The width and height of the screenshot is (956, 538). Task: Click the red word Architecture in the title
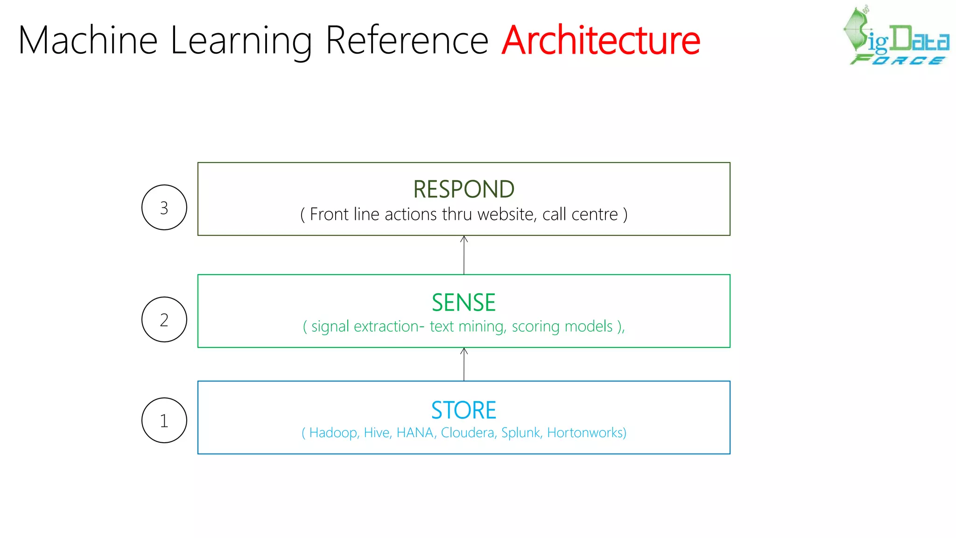click(601, 41)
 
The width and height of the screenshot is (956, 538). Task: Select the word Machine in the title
click(88, 41)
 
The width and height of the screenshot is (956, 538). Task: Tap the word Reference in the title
click(407, 41)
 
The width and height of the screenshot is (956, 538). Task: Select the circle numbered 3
click(164, 207)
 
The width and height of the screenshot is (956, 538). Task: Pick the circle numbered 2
click(164, 319)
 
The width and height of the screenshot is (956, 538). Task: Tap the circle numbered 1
click(164, 420)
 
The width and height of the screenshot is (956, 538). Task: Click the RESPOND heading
click(464, 189)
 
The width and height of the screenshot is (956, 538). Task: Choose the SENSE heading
click(464, 302)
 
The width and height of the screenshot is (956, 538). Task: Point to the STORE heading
click(464, 410)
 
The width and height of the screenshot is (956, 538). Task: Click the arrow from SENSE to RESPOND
click(464, 255)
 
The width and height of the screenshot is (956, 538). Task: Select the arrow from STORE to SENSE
click(464, 364)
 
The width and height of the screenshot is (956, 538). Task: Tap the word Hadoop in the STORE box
click(333, 433)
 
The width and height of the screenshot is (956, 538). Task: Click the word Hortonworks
click(585, 433)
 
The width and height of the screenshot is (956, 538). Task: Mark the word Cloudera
click(468, 433)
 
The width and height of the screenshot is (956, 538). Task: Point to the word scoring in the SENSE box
click(536, 326)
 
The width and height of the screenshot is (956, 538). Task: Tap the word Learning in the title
click(241, 41)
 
